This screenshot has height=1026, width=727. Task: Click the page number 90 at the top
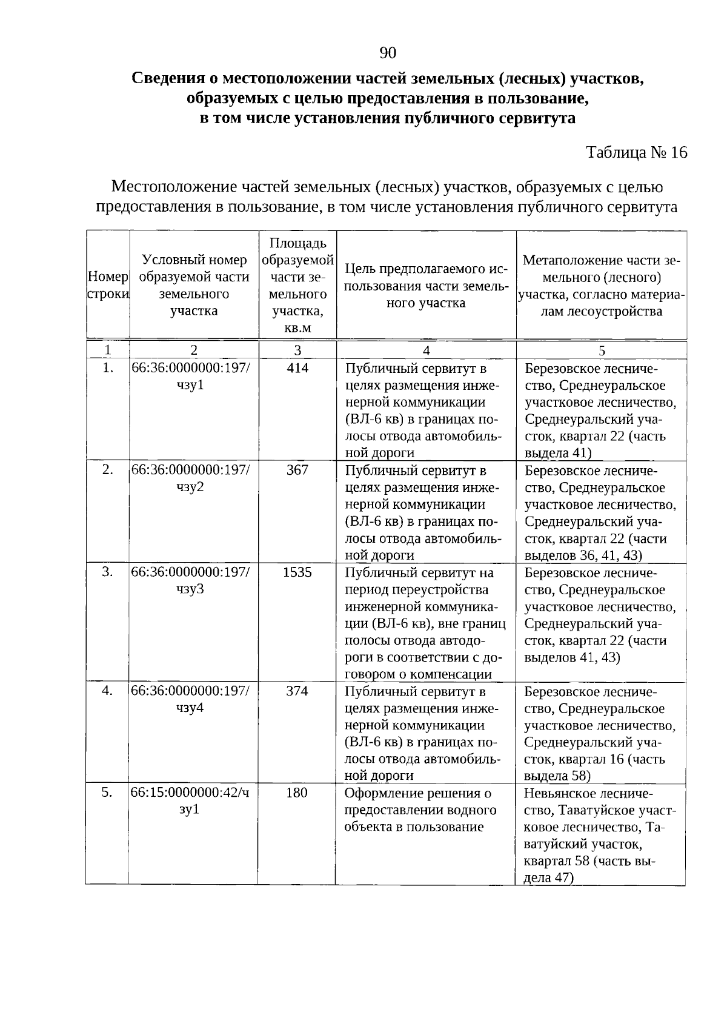388,53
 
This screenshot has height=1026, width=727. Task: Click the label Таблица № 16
637,152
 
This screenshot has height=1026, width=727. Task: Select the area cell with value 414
297,368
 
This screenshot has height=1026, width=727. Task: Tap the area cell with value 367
297,470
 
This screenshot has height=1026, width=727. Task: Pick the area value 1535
297,572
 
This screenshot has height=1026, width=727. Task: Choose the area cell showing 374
297,691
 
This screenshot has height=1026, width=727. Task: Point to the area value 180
297,793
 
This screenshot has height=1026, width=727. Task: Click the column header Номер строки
108,285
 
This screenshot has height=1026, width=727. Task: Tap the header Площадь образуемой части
297,285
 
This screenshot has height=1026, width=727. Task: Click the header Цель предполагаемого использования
426,285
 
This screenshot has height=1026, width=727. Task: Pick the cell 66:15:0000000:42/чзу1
190,801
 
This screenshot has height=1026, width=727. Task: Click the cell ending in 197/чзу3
190,580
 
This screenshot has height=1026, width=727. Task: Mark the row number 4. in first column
107,691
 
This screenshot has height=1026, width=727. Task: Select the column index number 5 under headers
602,350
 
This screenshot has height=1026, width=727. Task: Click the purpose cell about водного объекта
420,810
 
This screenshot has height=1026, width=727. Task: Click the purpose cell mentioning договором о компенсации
425,623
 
